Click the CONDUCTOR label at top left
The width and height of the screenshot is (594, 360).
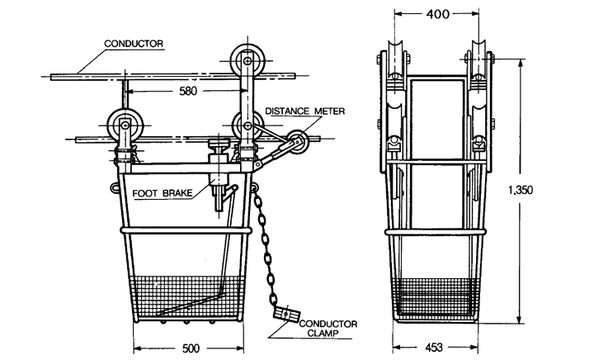point(134,44)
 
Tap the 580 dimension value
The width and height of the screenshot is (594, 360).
point(188,91)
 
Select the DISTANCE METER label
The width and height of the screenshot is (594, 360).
point(304,111)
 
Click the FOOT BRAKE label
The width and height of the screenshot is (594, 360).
point(163,193)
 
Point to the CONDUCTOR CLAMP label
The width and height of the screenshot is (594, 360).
point(328,329)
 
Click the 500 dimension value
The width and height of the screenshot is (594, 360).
point(191,348)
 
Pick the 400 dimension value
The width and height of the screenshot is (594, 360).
point(437,14)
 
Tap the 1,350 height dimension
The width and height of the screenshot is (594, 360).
point(520,189)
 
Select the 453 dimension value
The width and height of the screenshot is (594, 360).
point(434,347)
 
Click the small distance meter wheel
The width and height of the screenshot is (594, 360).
point(297,142)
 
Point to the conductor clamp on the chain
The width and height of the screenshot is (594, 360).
point(287,314)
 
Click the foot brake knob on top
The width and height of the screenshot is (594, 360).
point(219,144)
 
